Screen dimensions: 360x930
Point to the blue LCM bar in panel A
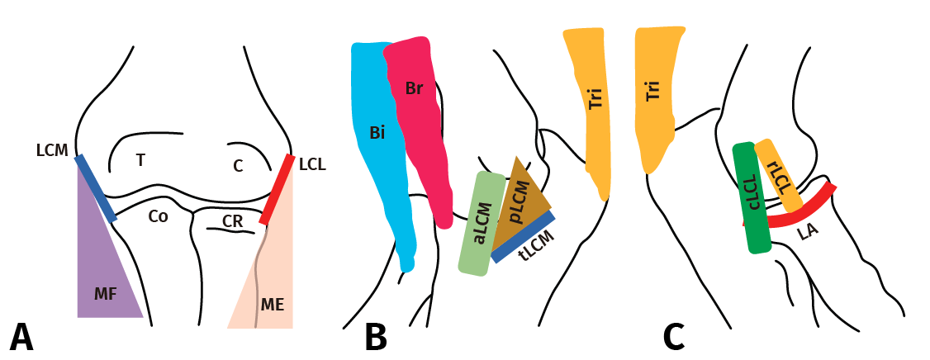(95, 187)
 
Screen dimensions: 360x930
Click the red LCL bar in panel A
(278, 188)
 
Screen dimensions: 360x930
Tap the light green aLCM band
(482, 223)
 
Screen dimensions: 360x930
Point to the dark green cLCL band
(751, 198)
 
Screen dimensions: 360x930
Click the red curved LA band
(805, 211)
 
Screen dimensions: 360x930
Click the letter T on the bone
(140, 160)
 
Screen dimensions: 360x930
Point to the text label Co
(158, 216)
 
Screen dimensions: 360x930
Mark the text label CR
(233, 221)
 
